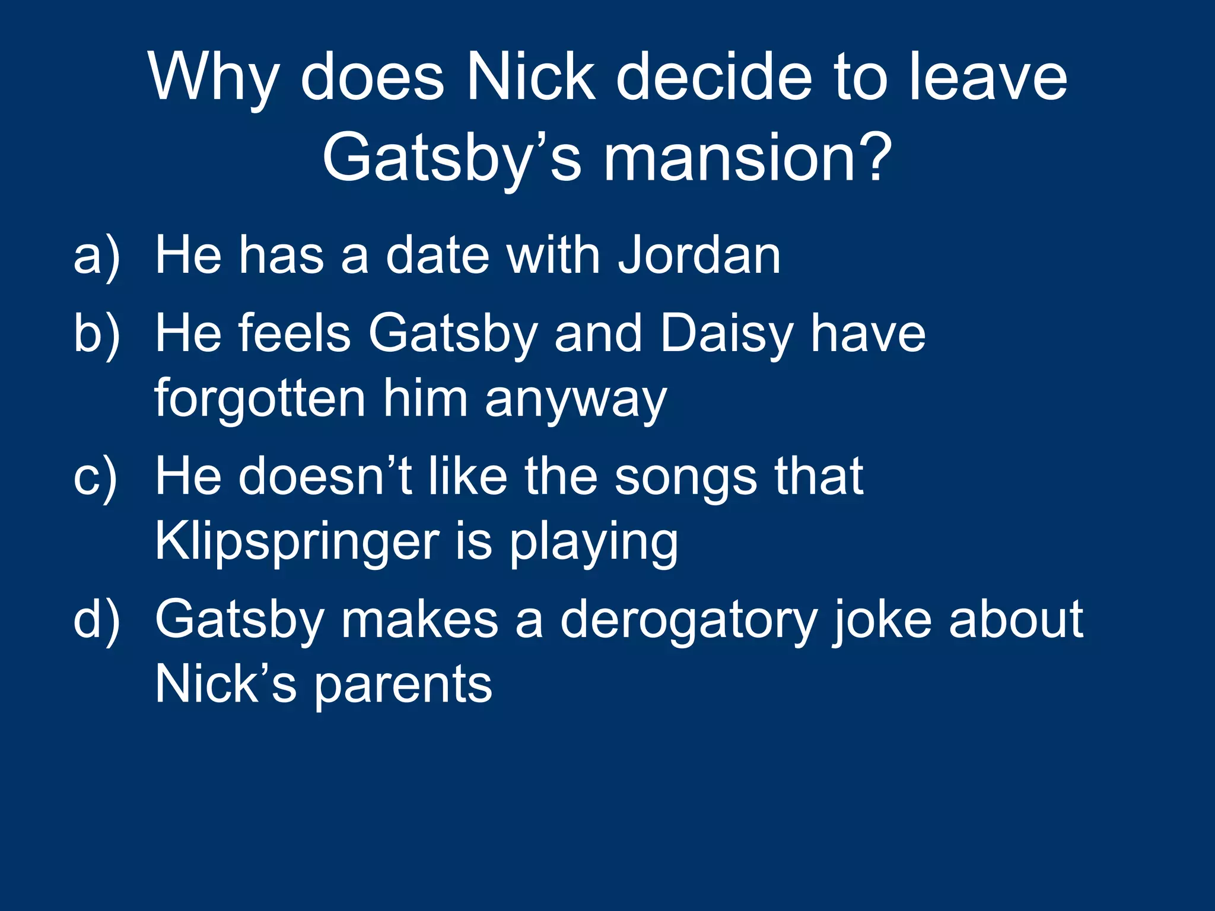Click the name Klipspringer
297,543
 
